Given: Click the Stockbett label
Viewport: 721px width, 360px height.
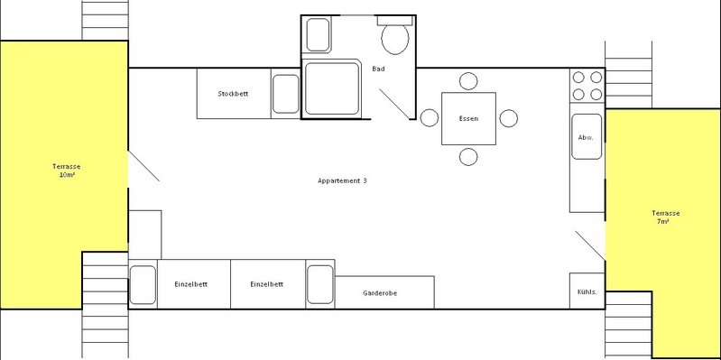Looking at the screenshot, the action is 233,94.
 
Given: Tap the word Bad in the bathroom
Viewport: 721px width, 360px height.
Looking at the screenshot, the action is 378,69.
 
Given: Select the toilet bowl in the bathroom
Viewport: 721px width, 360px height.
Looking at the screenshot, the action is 395,39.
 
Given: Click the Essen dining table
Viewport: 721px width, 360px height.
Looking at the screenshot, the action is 468,118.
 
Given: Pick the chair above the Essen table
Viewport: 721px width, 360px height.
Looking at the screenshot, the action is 468,81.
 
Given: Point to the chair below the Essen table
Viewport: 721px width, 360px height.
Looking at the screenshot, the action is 468,157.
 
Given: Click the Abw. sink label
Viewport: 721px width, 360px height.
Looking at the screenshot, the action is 585,137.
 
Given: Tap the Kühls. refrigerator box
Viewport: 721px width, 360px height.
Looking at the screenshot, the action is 587,291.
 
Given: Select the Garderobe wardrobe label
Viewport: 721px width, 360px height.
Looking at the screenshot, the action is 380,293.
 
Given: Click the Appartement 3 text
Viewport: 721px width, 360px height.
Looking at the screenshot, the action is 342,180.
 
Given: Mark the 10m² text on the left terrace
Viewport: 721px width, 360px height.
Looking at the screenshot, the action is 67,175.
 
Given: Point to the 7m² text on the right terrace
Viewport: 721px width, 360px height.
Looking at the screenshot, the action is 662,222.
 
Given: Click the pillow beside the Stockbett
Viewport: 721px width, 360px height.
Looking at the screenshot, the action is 285,94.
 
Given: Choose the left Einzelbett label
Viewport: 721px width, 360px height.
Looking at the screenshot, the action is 190,284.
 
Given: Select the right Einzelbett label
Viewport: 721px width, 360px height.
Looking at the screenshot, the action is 267,284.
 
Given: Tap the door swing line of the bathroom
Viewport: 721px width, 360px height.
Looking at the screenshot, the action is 394,104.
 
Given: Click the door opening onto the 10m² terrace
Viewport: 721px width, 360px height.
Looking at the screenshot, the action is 143,166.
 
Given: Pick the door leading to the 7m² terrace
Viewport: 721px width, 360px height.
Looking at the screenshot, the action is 590,245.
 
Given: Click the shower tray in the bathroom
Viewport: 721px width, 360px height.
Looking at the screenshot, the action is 331,88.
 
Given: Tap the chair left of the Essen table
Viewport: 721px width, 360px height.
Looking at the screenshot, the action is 430,118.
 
